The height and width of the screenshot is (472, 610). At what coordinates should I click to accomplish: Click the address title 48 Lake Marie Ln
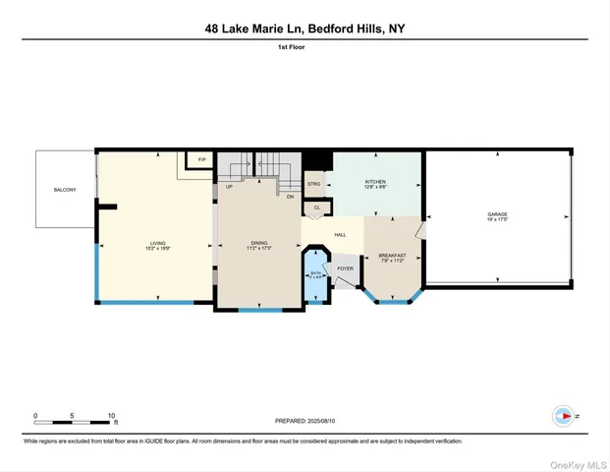tap(305, 29)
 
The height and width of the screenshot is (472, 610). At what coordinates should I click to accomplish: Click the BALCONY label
tap(65, 190)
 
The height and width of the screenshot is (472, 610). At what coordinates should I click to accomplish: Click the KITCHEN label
tap(376, 182)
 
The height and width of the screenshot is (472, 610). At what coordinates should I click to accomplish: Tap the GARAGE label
tap(497, 214)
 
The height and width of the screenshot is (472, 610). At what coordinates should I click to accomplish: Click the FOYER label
tap(346, 267)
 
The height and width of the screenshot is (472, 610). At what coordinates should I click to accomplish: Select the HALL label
tap(340, 234)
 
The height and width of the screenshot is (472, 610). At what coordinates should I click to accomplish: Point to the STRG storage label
tap(314, 184)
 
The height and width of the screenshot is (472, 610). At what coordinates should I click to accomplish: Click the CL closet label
tap(316, 207)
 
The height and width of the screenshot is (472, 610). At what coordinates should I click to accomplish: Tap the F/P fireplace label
tap(201, 159)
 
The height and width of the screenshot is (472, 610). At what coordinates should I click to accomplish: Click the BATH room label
tap(316, 274)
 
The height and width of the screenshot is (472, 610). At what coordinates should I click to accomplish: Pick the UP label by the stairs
tap(229, 186)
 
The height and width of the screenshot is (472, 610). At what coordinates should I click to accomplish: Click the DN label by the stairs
tap(290, 197)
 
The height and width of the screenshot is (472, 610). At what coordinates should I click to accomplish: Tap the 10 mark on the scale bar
tap(112, 416)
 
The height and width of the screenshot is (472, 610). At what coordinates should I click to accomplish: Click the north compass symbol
tap(563, 416)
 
